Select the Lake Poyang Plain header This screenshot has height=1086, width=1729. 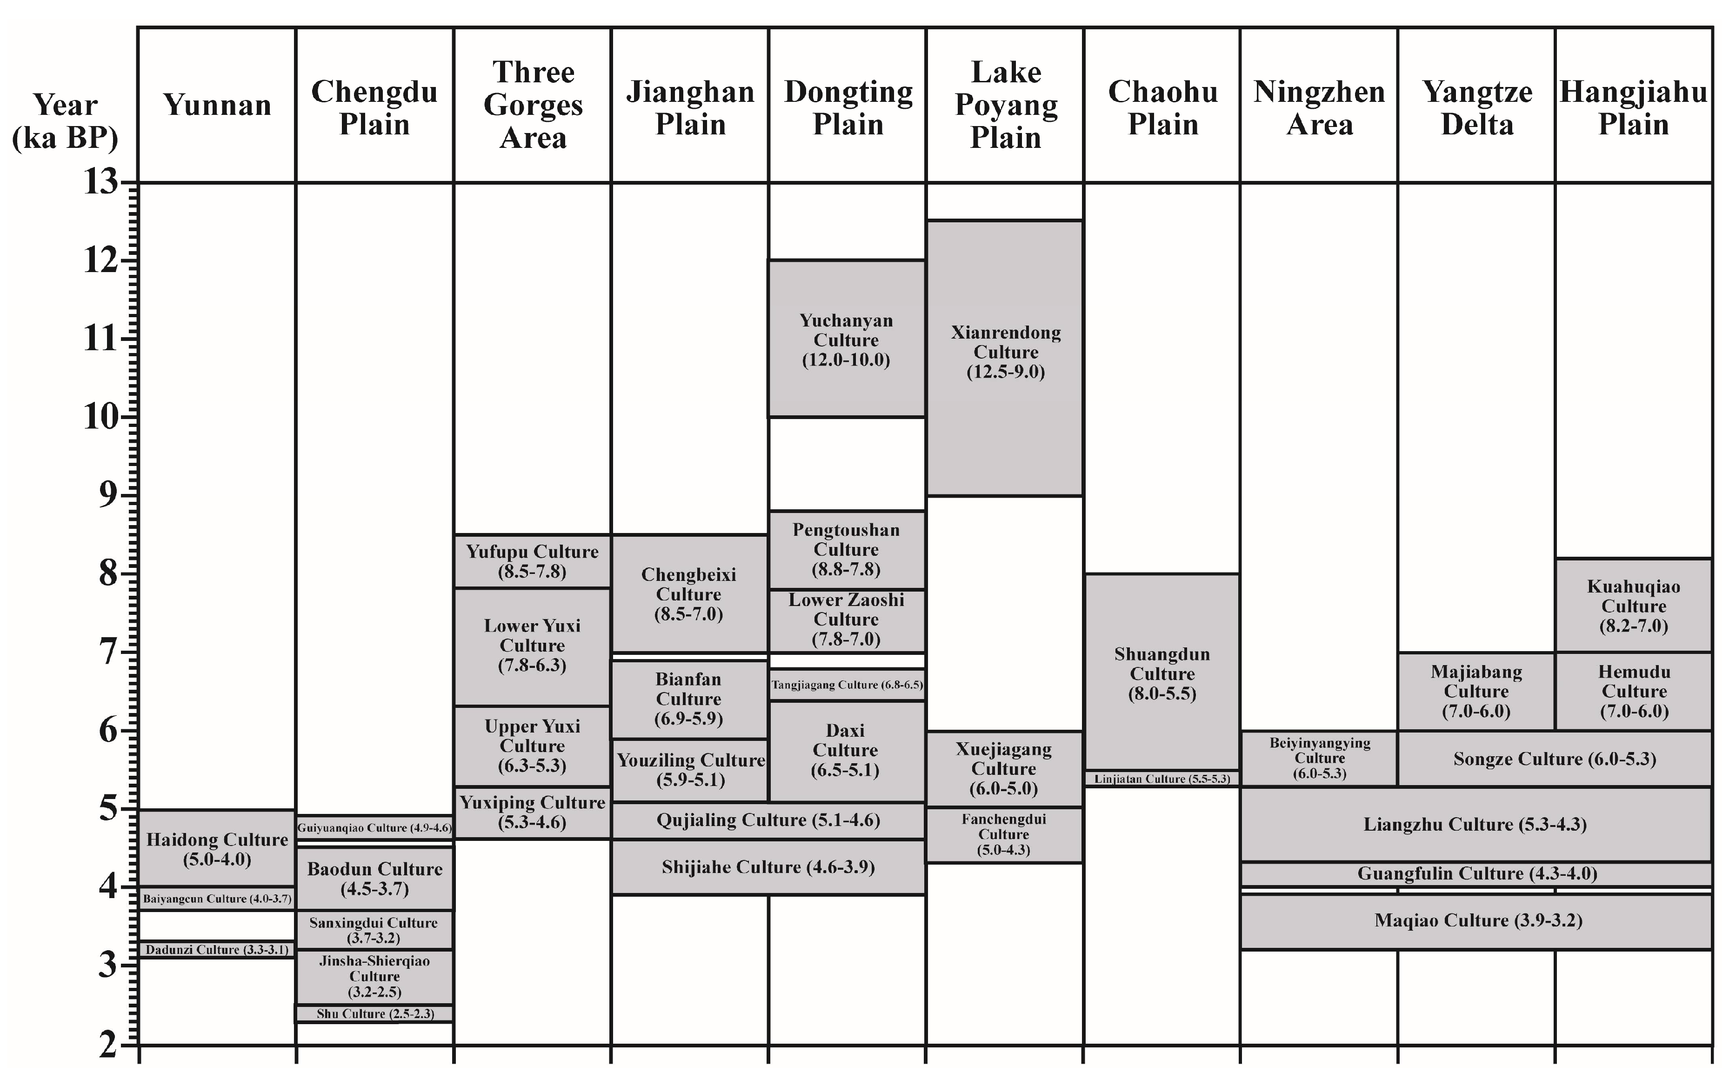click(1005, 105)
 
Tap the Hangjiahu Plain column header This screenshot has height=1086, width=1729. click(1634, 107)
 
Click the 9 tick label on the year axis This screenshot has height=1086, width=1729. click(108, 495)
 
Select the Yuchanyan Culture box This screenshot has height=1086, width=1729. click(847, 339)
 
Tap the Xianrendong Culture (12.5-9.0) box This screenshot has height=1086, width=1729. click(1005, 358)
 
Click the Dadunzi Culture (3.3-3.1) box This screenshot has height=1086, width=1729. click(217, 950)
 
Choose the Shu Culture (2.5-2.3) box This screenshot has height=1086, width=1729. click(375, 1013)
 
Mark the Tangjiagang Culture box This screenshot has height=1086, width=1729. click(847, 685)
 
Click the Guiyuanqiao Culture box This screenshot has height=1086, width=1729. click(375, 827)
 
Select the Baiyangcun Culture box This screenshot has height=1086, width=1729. click(217, 899)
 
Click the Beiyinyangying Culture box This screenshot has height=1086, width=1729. click(1319, 759)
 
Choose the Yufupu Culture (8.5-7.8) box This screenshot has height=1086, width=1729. click(532, 561)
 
